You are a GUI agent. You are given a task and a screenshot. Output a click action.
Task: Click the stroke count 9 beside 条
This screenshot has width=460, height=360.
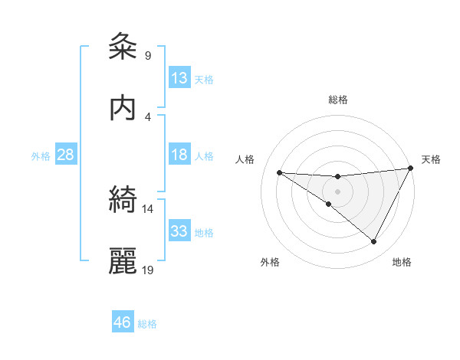click(x=147, y=55)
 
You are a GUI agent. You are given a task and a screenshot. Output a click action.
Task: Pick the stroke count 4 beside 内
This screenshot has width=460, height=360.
click(x=147, y=116)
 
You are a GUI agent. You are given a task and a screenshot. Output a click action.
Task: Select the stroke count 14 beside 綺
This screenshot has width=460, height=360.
click(x=148, y=208)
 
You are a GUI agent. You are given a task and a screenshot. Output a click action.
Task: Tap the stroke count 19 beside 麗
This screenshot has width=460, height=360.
click(x=148, y=270)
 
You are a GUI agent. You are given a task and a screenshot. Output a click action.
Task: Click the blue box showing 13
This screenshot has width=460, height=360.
click(x=179, y=77)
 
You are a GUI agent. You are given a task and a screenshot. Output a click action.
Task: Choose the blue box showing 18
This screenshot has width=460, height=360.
click(x=179, y=155)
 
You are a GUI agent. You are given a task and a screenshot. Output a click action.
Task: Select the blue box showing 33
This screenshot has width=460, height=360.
click(x=179, y=231)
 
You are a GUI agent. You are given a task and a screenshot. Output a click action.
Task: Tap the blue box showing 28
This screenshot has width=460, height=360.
click(x=66, y=155)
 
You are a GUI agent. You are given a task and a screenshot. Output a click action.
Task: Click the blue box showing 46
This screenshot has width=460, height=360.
click(x=123, y=322)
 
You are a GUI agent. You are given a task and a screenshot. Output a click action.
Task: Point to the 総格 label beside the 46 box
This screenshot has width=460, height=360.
click(x=147, y=324)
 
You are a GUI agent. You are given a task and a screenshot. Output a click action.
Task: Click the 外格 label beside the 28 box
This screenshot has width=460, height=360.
click(x=41, y=156)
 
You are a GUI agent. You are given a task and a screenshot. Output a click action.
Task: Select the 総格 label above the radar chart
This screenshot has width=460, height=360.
click(x=338, y=100)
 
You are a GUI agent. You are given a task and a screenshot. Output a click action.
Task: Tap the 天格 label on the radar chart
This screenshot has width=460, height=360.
click(x=431, y=159)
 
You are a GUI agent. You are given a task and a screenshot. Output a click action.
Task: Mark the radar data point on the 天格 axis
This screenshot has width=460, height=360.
click(x=411, y=169)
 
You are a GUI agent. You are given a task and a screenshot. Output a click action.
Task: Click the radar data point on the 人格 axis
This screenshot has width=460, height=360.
click(x=279, y=172)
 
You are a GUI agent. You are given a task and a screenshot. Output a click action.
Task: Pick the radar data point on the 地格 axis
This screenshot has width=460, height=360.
click(x=374, y=242)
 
